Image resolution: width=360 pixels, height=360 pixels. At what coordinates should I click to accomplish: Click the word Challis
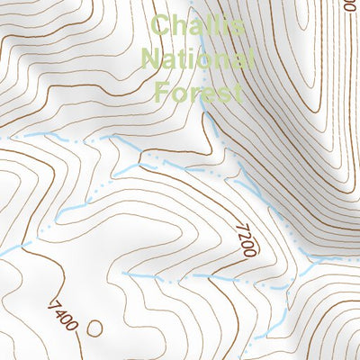tap(197, 26)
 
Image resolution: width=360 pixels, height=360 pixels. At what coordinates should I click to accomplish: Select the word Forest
tap(198, 92)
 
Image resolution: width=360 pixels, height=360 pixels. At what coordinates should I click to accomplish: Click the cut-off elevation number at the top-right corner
tap(350, 4)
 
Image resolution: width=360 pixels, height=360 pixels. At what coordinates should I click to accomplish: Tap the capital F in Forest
tap(162, 92)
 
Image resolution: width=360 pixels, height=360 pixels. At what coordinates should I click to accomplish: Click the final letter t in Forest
tap(238, 92)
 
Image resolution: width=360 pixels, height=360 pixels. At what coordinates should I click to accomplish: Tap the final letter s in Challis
tap(237, 27)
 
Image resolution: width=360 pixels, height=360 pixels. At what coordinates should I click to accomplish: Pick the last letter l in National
tap(246, 59)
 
